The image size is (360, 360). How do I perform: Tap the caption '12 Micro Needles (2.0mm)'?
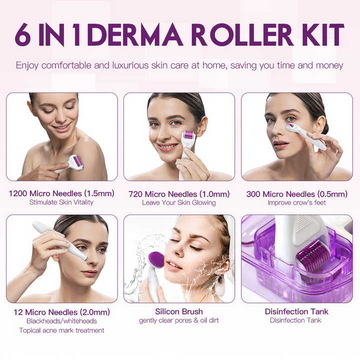tap(60, 310)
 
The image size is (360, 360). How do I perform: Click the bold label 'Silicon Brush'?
tap(179, 310)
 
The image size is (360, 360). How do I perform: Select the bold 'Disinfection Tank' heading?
tap(297, 310)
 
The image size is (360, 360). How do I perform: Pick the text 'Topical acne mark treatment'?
tap(60, 331)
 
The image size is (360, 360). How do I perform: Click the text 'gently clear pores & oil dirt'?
tap(179, 321)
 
